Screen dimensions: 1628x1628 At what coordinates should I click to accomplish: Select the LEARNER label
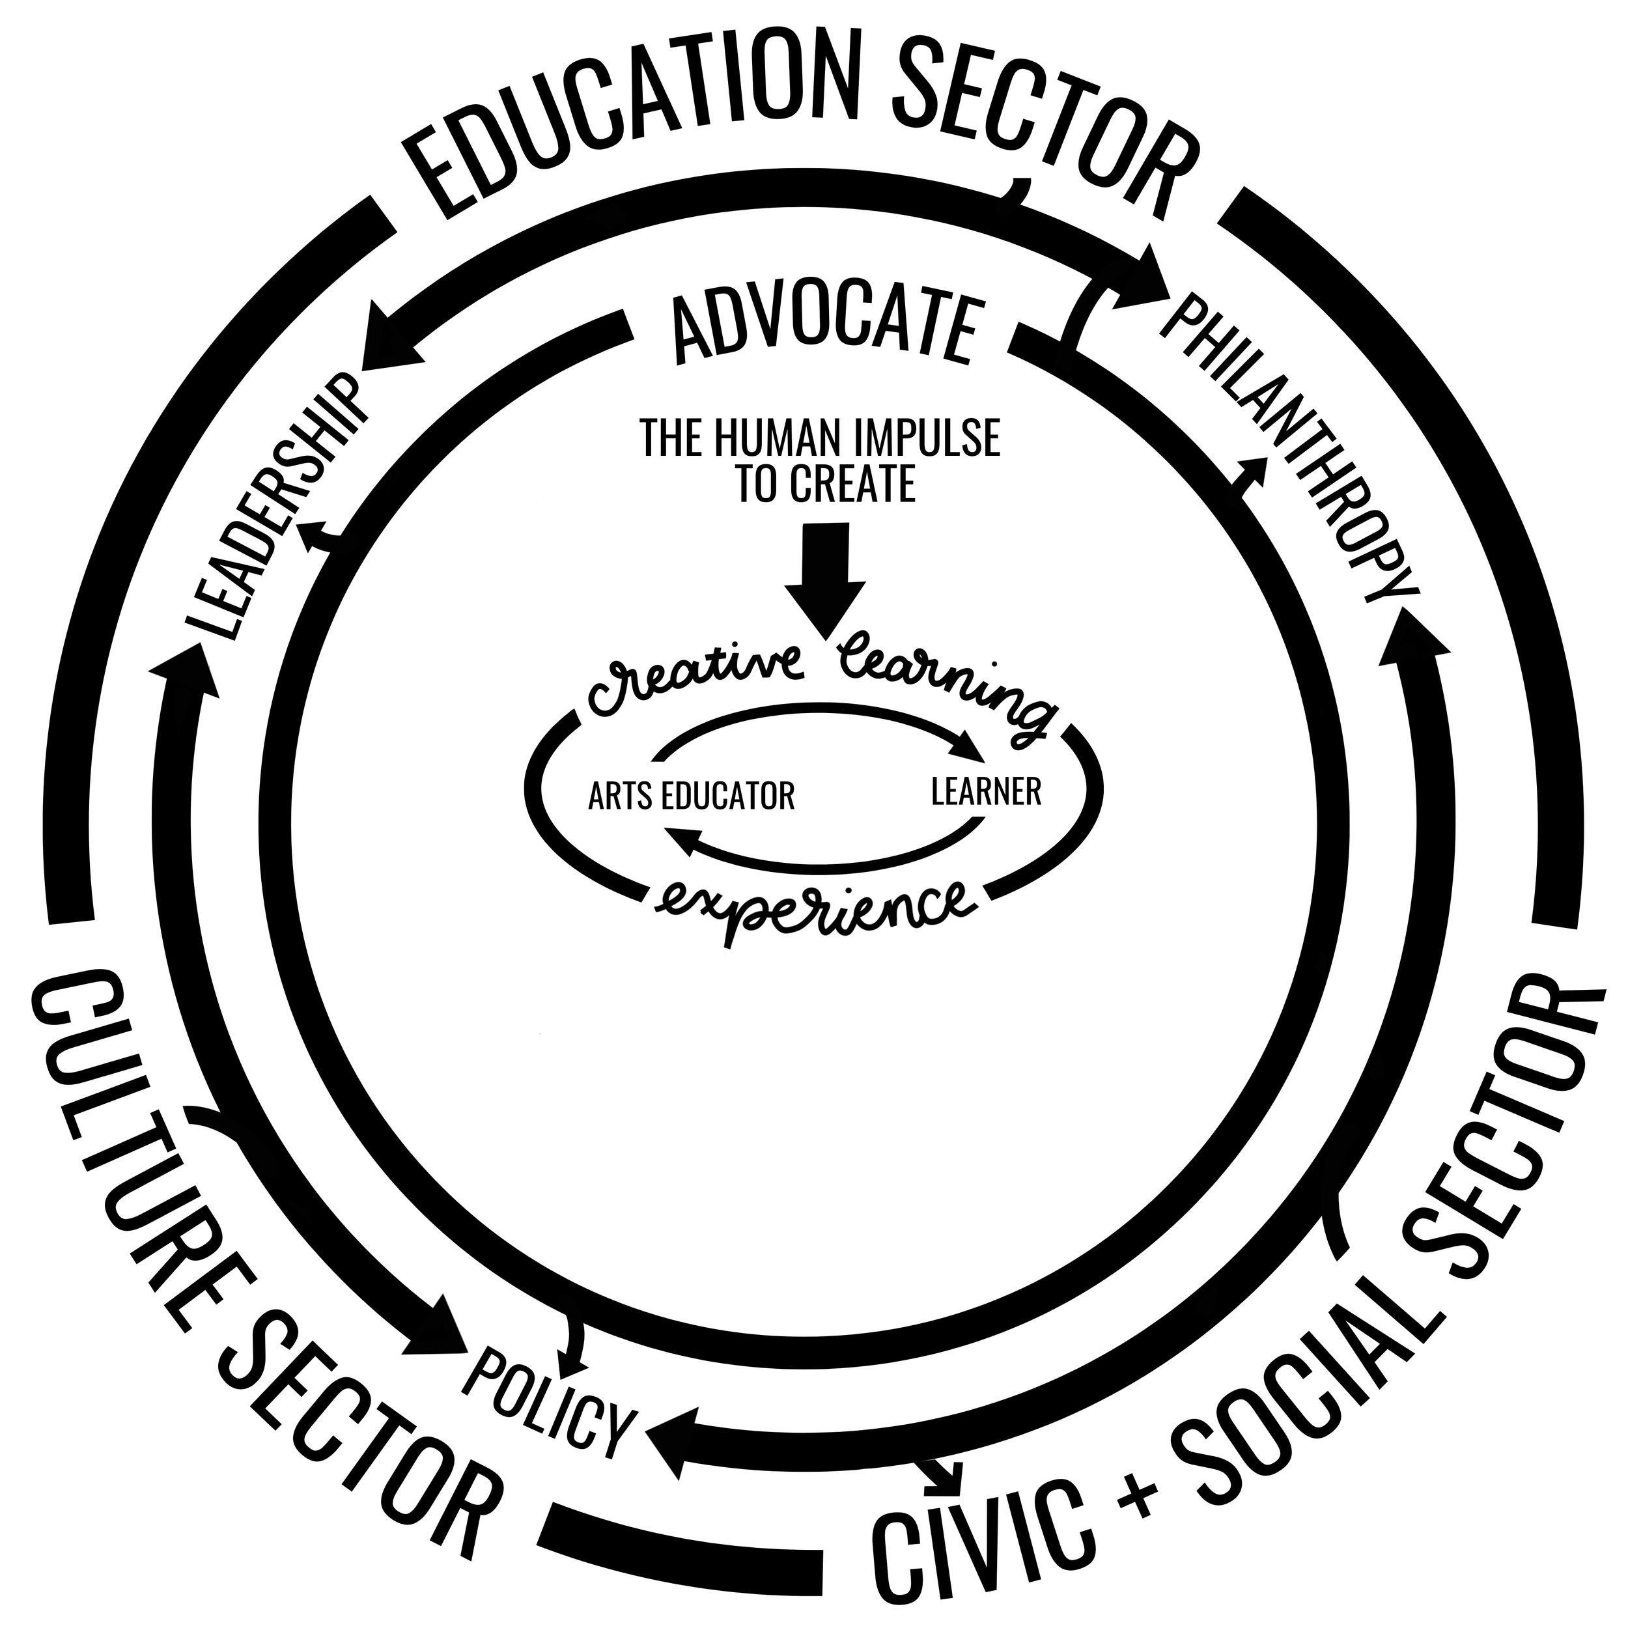(x=986, y=791)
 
